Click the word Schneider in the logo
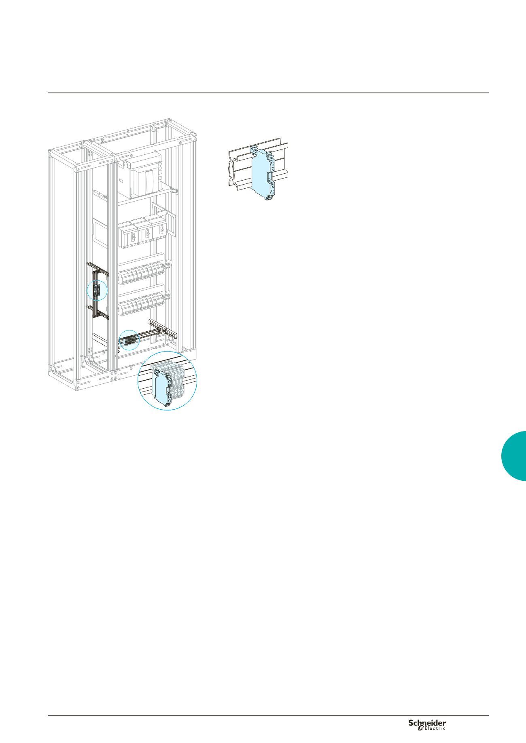tap(427, 723)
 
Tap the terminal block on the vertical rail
tap(96, 291)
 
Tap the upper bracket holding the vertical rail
tap(98, 268)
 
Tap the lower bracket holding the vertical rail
tap(98, 312)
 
